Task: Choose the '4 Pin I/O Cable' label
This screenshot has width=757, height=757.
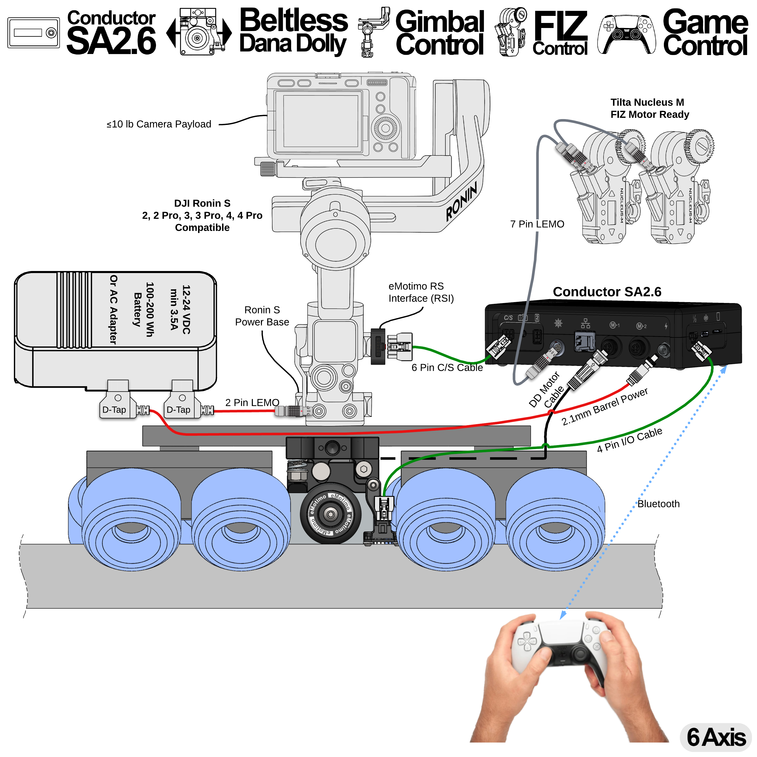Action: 629,440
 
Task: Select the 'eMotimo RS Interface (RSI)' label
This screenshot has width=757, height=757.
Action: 421,292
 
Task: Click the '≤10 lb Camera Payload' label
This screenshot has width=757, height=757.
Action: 159,124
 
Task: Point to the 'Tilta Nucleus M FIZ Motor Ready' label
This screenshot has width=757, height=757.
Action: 649,108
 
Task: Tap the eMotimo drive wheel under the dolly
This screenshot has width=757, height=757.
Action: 330,514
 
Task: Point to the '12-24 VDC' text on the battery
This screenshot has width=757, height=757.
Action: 186,310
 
